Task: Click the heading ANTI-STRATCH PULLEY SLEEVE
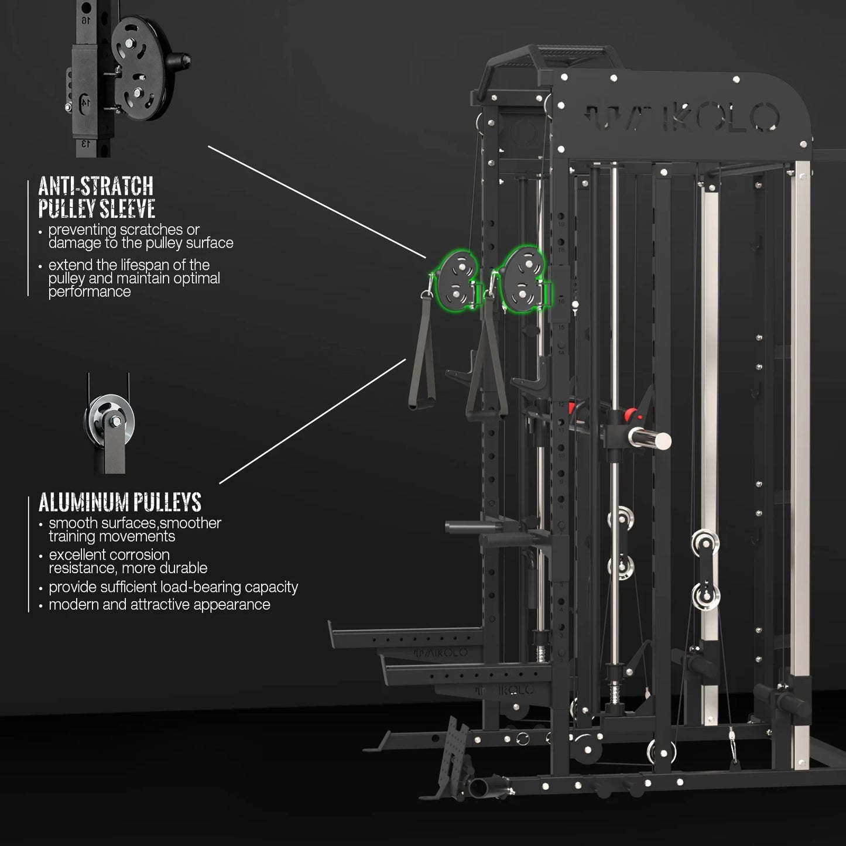97,197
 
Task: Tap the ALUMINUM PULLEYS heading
119,502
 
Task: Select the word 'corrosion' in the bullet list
140,554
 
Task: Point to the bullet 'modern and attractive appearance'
159,605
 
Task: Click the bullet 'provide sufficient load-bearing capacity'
173,587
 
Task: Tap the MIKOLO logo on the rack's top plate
683,117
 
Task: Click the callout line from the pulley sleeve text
317,201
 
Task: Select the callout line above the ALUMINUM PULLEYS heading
312,422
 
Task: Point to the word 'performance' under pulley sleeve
90,292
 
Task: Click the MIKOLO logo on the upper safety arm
441,653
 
